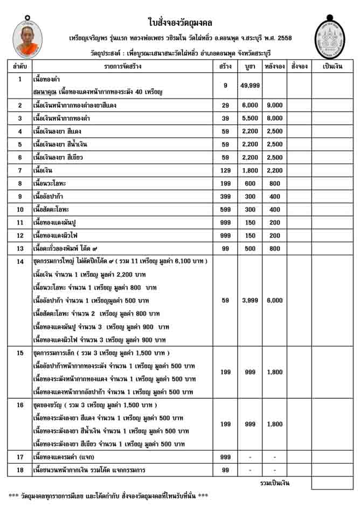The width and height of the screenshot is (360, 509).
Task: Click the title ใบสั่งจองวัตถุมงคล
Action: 179,22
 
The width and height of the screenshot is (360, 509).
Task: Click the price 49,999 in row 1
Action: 251,86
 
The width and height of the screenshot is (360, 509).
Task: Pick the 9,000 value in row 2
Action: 275,106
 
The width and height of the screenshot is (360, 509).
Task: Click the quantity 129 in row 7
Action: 225,170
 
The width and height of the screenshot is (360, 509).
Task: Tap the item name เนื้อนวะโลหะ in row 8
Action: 51,183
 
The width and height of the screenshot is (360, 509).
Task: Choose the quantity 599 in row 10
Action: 225,209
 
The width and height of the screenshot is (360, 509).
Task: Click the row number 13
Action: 20,248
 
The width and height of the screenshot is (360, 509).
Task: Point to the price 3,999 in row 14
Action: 251,300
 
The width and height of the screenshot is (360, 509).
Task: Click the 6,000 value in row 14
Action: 275,300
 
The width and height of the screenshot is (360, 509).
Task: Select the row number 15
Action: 20,353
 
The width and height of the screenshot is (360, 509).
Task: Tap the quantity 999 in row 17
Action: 225,457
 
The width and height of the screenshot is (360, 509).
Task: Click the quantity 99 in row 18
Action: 225,470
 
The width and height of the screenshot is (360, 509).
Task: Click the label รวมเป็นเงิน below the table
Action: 275,483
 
